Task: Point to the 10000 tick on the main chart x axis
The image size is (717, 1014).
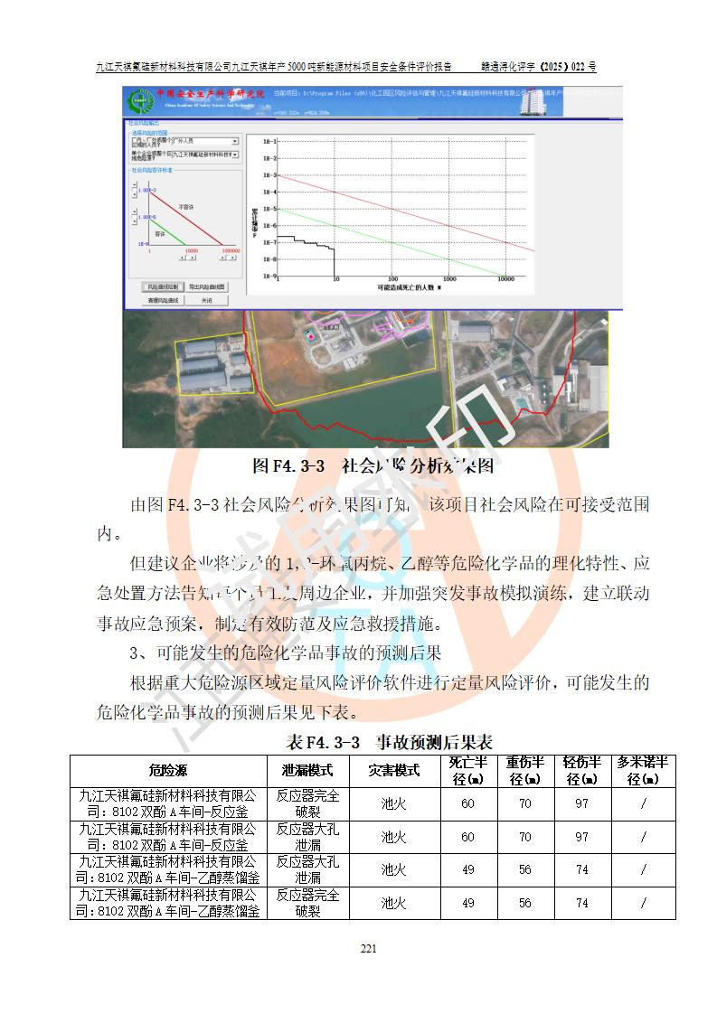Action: pos(505,279)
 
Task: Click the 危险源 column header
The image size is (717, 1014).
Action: pos(168,771)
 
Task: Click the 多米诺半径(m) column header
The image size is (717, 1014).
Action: pos(643,771)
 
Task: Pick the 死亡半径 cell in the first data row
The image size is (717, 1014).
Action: pos(467,804)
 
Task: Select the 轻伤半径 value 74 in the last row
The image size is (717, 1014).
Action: pos(581,903)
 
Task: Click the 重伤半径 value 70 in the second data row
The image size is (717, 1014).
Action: pos(524,837)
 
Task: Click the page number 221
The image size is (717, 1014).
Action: pos(368,948)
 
